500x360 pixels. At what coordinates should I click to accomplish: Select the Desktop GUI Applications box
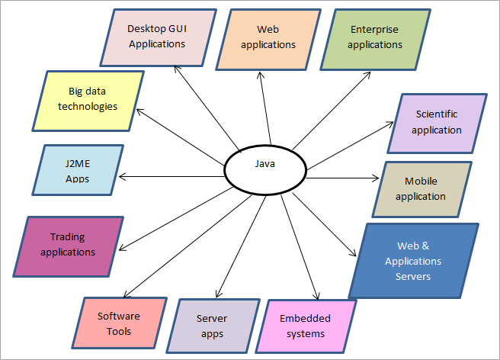pyautogui.click(x=157, y=37)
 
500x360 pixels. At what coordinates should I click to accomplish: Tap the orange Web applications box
pyautogui.click(x=268, y=37)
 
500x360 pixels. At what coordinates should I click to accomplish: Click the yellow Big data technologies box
pyautogui.click(x=88, y=100)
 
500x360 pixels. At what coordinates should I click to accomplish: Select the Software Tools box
pyautogui.click(x=120, y=323)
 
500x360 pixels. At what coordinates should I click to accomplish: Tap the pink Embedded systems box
pyautogui.click(x=302, y=326)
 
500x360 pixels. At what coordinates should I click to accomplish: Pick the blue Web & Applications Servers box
pyautogui.click(x=413, y=261)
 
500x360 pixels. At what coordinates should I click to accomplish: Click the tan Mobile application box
pyautogui.click(x=425, y=189)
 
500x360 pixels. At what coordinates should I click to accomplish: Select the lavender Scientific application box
pyautogui.click(x=437, y=122)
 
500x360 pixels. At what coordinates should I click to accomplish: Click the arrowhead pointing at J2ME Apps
pyautogui.click(x=122, y=176)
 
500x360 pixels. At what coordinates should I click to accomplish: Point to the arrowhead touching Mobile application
pyautogui.click(x=375, y=178)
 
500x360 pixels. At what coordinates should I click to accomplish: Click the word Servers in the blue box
pyautogui.click(x=412, y=276)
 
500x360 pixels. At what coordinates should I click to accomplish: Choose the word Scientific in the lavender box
pyautogui.click(x=437, y=114)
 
